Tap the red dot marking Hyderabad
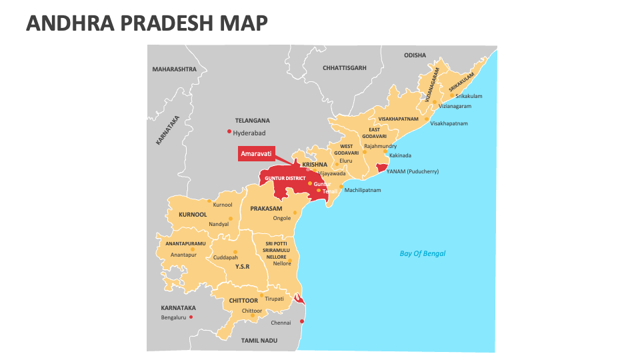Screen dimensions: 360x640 coord(229,131)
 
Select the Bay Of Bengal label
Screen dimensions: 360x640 coord(422,253)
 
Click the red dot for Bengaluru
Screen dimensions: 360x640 coord(191,317)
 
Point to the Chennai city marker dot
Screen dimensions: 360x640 coord(301,322)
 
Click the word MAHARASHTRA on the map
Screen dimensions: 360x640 coord(174,69)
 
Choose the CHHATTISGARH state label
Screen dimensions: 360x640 coord(344,68)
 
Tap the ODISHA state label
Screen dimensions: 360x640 coord(415,55)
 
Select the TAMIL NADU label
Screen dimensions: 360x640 coord(259,340)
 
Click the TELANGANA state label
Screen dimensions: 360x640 coord(253,121)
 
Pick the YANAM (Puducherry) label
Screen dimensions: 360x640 coord(413,171)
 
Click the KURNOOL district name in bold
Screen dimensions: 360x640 coord(193,215)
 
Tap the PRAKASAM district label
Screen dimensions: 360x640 coord(267,209)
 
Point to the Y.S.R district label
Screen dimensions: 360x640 coord(242,266)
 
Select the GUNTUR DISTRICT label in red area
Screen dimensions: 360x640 coord(285,179)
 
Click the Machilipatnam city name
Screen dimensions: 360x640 coord(363,190)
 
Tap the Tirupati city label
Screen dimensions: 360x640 coord(274,299)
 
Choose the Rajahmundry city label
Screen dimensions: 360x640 coord(380,146)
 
